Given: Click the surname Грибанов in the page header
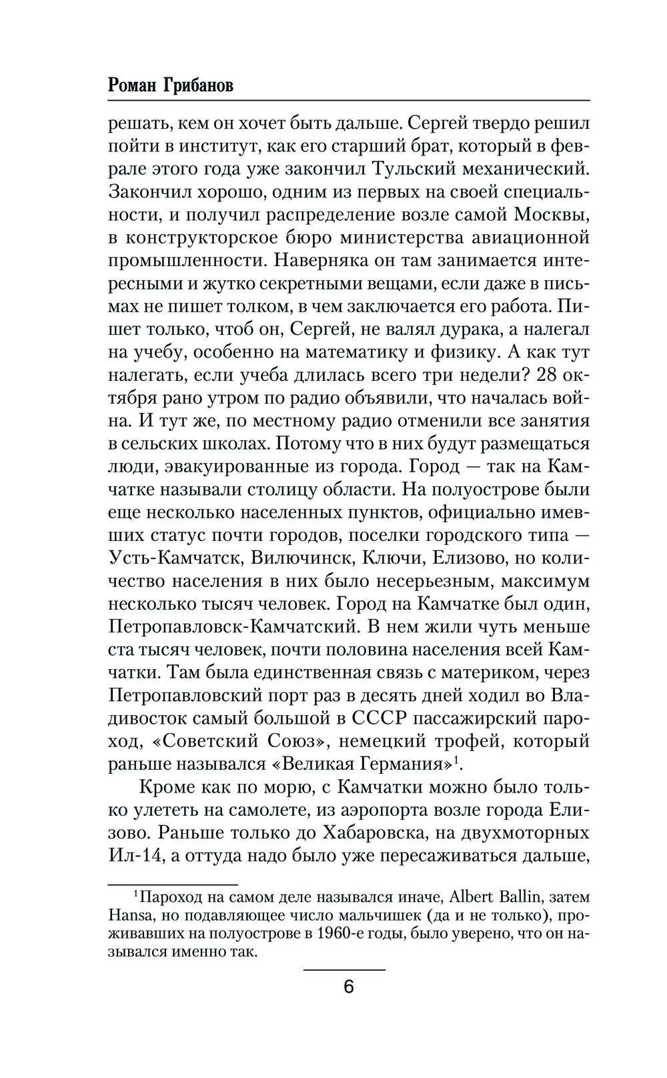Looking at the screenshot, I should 197,86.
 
